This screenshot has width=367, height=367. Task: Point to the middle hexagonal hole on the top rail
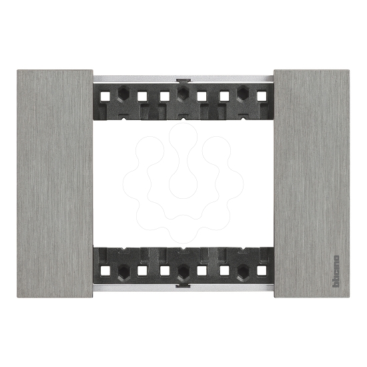(183, 93)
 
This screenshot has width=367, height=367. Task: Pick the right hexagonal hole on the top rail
(244, 93)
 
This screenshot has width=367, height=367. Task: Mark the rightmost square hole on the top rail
(262, 95)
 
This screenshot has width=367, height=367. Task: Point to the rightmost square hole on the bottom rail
(262, 271)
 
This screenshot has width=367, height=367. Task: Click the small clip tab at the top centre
(183, 79)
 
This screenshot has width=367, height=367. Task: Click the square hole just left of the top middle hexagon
(164, 95)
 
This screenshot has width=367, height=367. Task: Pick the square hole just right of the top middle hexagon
(202, 95)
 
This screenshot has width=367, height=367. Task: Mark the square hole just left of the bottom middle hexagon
(164, 271)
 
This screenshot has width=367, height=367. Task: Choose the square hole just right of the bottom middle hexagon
(202, 271)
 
